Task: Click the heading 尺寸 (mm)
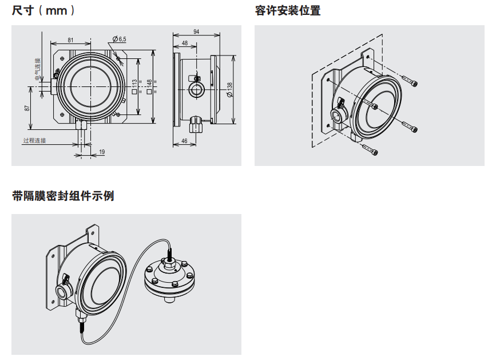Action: point(43,10)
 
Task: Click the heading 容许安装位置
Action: point(288,10)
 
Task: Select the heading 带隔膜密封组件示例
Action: point(63,196)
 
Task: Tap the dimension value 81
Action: point(70,40)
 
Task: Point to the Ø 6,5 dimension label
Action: point(120,38)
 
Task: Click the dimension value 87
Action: point(27,108)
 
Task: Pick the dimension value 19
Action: point(102,152)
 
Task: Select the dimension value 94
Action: point(196,32)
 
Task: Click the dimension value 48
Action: point(185,43)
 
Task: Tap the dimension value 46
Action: point(184,140)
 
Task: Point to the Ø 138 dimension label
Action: point(229,89)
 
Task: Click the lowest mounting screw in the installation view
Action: point(370,151)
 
